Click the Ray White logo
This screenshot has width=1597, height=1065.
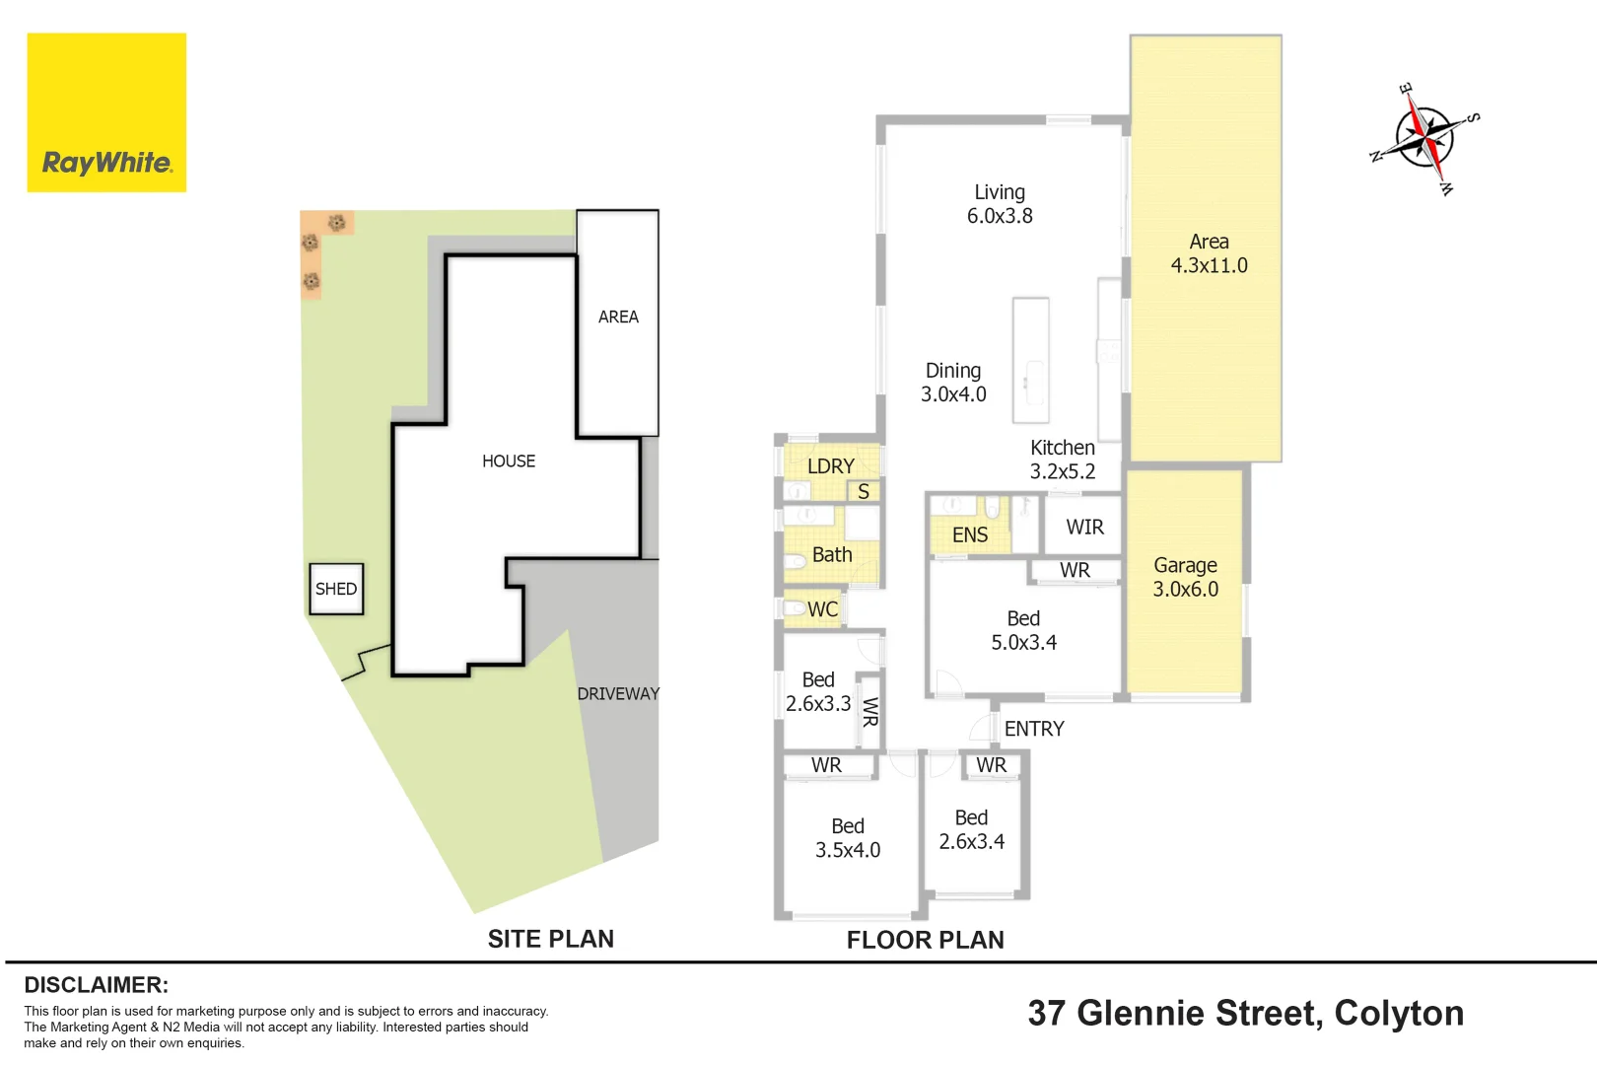106,112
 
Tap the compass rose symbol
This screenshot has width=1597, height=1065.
1424,138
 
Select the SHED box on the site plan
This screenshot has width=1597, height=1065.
336,589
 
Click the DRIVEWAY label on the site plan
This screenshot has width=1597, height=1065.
618,693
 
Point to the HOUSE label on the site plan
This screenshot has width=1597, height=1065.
509,461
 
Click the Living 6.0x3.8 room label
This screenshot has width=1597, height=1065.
1000,204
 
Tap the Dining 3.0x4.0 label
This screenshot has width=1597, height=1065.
953,383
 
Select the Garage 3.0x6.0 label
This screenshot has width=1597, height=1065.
1186,577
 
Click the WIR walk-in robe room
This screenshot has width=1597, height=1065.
1083,527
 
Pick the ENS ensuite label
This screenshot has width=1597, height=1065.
970,535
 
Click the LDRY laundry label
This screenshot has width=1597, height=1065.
831,466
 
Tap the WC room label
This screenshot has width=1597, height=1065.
823,609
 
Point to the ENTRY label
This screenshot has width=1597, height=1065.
1034,729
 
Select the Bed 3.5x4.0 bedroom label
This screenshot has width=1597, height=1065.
848,837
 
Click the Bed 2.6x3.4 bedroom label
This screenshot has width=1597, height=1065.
971,829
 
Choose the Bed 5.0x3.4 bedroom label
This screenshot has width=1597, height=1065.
1024,630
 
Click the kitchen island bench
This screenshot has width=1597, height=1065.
1031,360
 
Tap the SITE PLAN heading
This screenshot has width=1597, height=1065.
550,939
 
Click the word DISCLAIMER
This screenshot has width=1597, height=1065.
97,984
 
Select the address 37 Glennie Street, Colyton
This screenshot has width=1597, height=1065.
1245,1013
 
